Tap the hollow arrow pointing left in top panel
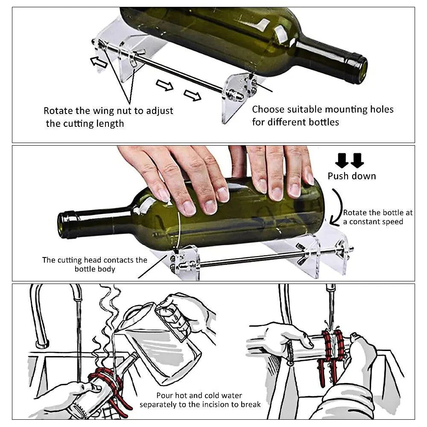pyautogui.click(x=99, y=62)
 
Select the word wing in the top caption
pyautogui.click(x=103, y=111)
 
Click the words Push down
pyautogui.click(x=351, y=176)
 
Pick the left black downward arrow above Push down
pyautogui.click(x=342, y=160)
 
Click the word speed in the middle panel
pyautogui.click(x=393, y=222)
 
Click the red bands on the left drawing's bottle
pyautogui.click(x=105, y=382)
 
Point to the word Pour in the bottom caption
pyautogui.click(x=164, y=395)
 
